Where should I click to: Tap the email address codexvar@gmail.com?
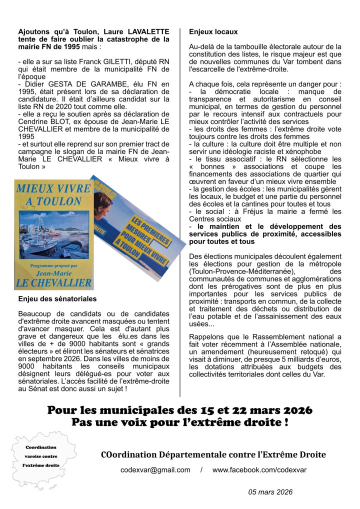[155, 470]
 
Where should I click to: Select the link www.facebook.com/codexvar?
[259, 470]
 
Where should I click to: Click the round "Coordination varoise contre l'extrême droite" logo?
[41, 455]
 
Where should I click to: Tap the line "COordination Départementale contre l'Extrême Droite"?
[213, 454]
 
